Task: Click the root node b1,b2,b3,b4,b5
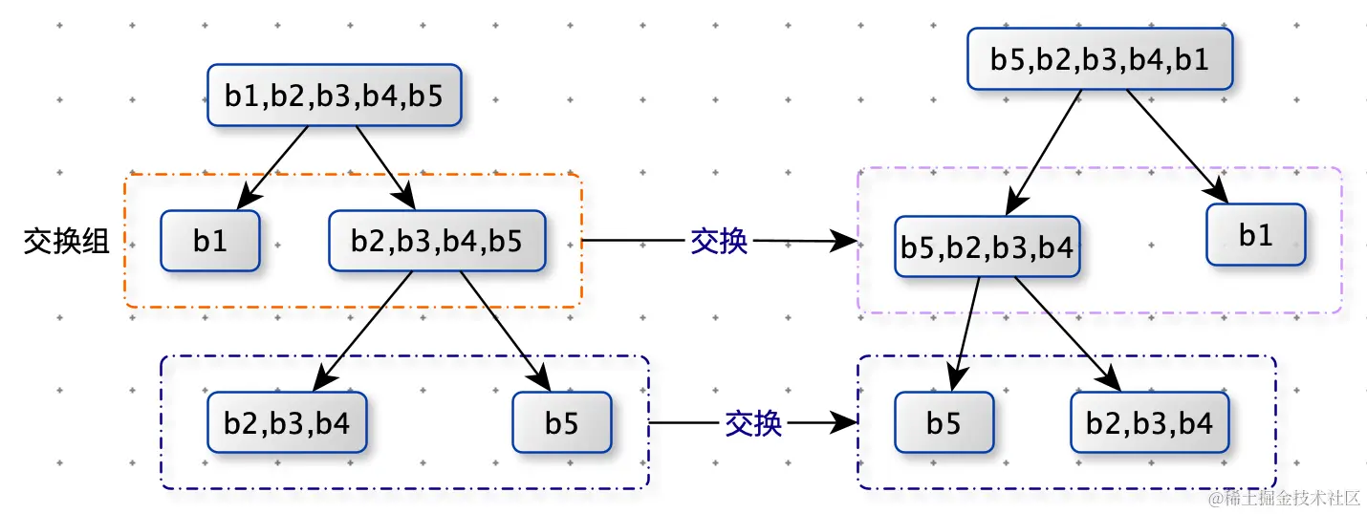(x=335, y=95)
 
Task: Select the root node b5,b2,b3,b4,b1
(x=1099, y=59)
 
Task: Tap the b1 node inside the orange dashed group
(x=210, y=241)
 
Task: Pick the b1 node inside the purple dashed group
(x=1255, y=234)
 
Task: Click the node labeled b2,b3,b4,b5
(x=436, y=241)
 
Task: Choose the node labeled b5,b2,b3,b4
(x=987, y=247)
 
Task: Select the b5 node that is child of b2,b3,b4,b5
(x=562, y=422)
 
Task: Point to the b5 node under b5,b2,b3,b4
(x=944, y=422)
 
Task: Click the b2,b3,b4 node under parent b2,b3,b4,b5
(x=287, y=422)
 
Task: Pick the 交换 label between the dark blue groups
(x=753, y=422)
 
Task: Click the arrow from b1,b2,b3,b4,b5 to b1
(x=273, y=166)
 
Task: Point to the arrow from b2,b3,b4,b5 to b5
(x=506, y=331)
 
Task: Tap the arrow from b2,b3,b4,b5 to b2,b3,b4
(x=363, y=331)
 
